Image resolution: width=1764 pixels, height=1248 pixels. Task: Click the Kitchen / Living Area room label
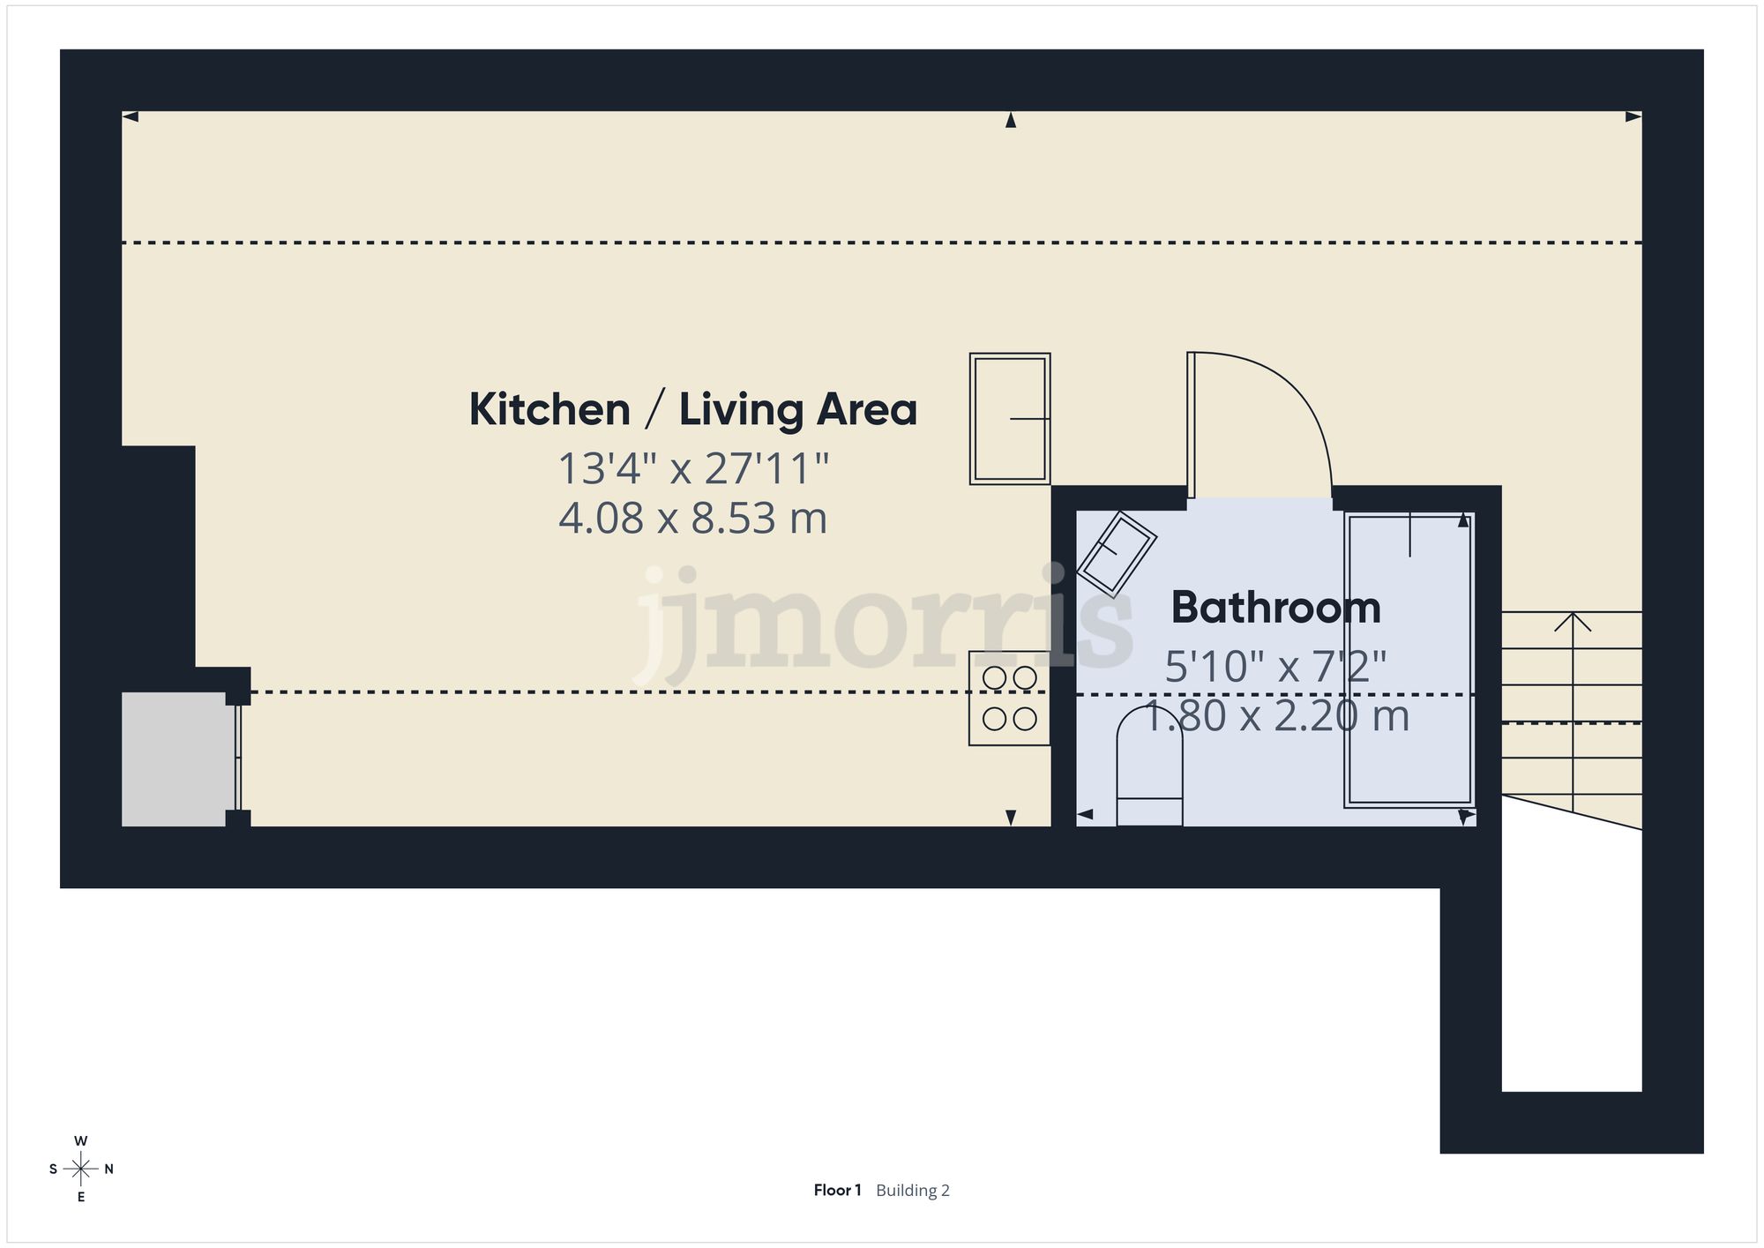692,410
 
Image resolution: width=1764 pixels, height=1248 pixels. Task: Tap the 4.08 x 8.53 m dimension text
692,519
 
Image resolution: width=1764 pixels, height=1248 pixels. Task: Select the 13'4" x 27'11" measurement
692,469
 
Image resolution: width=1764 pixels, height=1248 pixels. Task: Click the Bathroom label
1275,608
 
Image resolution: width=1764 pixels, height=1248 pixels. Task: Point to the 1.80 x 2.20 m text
1275,716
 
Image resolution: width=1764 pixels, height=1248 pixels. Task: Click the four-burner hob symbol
1009,699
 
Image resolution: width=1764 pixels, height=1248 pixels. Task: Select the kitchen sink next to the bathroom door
1009,419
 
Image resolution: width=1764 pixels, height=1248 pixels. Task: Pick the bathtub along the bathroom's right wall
1409,660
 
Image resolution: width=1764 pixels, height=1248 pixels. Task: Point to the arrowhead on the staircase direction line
1573,621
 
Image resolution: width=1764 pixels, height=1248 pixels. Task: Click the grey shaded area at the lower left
175,759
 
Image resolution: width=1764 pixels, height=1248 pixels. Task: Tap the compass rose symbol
81,1170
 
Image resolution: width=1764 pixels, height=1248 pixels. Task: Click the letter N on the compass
109,1170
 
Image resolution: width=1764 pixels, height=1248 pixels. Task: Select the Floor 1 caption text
836,1191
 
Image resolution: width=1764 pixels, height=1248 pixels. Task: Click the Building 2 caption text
913,1191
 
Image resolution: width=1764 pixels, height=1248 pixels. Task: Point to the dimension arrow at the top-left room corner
131,116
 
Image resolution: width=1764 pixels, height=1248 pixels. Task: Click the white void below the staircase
1571,961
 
